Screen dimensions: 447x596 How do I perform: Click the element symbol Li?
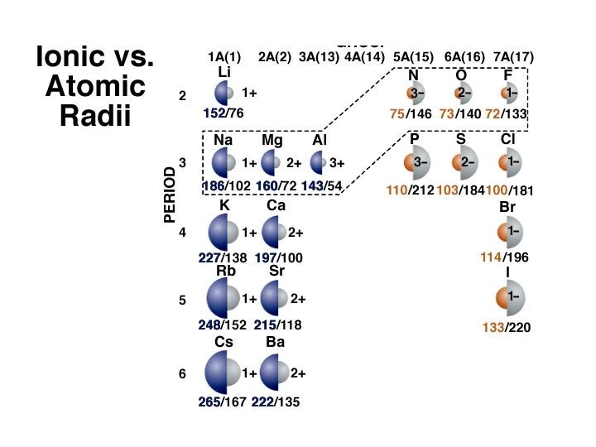pyautogui.click(x=223, y=73)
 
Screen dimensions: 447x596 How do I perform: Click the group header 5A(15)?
pyautogui.click(x=411, y=56)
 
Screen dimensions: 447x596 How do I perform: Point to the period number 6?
pyautogui.click(x=182, y=374)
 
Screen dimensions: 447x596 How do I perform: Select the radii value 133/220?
pyautogui.click(x=506, y=328)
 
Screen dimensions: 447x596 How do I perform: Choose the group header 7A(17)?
pyautogui.click(x=513, y=56)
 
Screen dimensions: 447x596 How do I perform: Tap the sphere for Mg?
pyautogui.click(x=272, y=163)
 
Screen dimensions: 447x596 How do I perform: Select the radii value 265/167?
pyautogui.click(x=223, y=402)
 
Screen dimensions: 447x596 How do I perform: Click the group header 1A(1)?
pyautogui.click(x=224, y=56)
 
